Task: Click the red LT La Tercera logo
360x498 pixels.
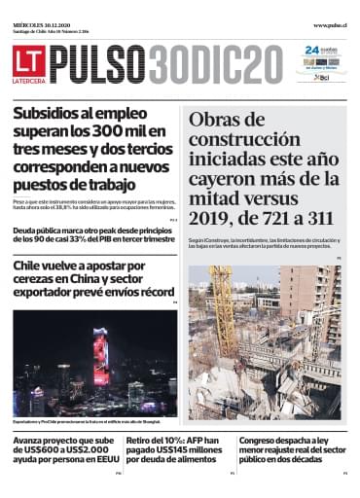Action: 28,63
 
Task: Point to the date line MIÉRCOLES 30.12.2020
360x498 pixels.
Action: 45,24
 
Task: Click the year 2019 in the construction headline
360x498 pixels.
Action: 215,201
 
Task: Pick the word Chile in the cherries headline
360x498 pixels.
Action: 35,267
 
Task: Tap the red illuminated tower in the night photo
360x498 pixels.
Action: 100,355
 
